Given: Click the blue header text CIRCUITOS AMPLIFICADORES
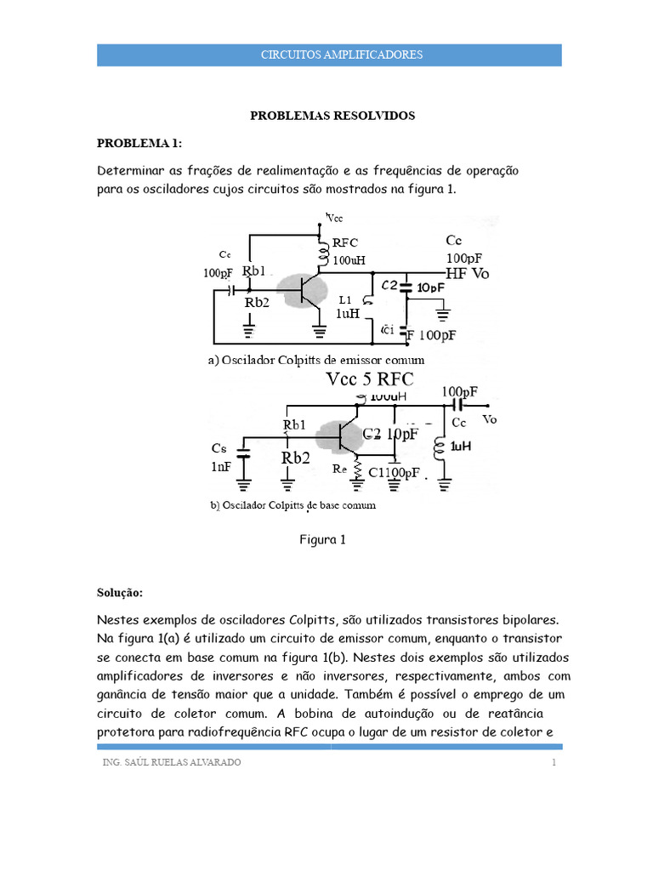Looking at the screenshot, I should (328, 54).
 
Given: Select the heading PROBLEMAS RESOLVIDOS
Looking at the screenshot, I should (332, 116).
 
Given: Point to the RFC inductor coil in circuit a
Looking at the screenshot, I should (323, 251).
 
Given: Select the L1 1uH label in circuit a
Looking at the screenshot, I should (349, 307).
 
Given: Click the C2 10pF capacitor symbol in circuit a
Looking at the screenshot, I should (407, 287).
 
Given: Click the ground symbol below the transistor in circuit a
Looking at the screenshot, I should (320, 323).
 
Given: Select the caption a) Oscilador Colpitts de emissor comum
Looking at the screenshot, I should (315, 361).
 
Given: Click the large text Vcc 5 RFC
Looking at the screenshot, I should (383, 379).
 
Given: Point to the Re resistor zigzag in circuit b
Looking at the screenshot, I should (358, 470).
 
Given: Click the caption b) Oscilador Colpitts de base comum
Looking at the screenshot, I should (292, 505).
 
